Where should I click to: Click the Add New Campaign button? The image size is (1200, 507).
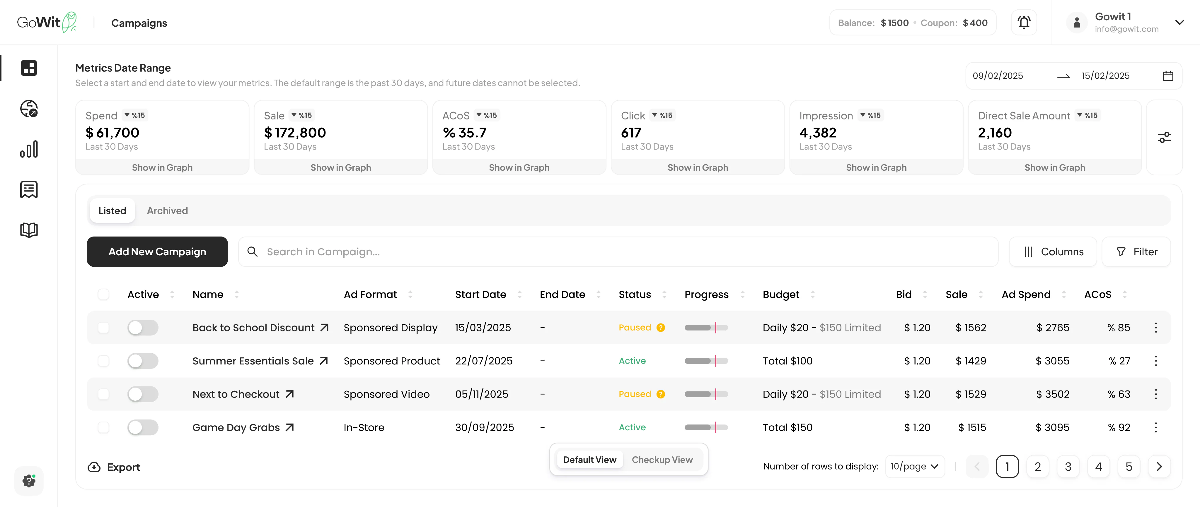click(x=157, y=251)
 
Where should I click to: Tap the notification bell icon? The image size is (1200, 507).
click(x=1023, y=22)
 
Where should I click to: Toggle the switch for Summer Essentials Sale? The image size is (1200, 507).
click(x=143, y=361)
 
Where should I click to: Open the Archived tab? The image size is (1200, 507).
click(x=167, y=210)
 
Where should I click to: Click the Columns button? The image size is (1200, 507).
click(x=1053, y=251)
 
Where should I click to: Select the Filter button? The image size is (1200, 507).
click(x=1136, y=251)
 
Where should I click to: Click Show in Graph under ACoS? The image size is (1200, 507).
click(x=519, y=167)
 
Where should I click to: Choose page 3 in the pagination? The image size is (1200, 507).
click(x=1068, y=467)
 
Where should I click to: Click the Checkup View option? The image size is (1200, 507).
click(x=662, y=460)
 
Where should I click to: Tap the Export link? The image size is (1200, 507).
click(x=114, y=467)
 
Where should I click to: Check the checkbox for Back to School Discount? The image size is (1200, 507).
click(x=103, y=328)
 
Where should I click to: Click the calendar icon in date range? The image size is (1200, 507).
click(x=1168, y=76)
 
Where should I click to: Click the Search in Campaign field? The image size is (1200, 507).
click(x=624, y=251)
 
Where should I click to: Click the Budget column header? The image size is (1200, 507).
click(x=781, y=294)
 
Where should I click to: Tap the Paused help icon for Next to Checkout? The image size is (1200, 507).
click(x=661, y=394)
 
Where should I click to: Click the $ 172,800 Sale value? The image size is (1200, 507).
click(x=295, y=133)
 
